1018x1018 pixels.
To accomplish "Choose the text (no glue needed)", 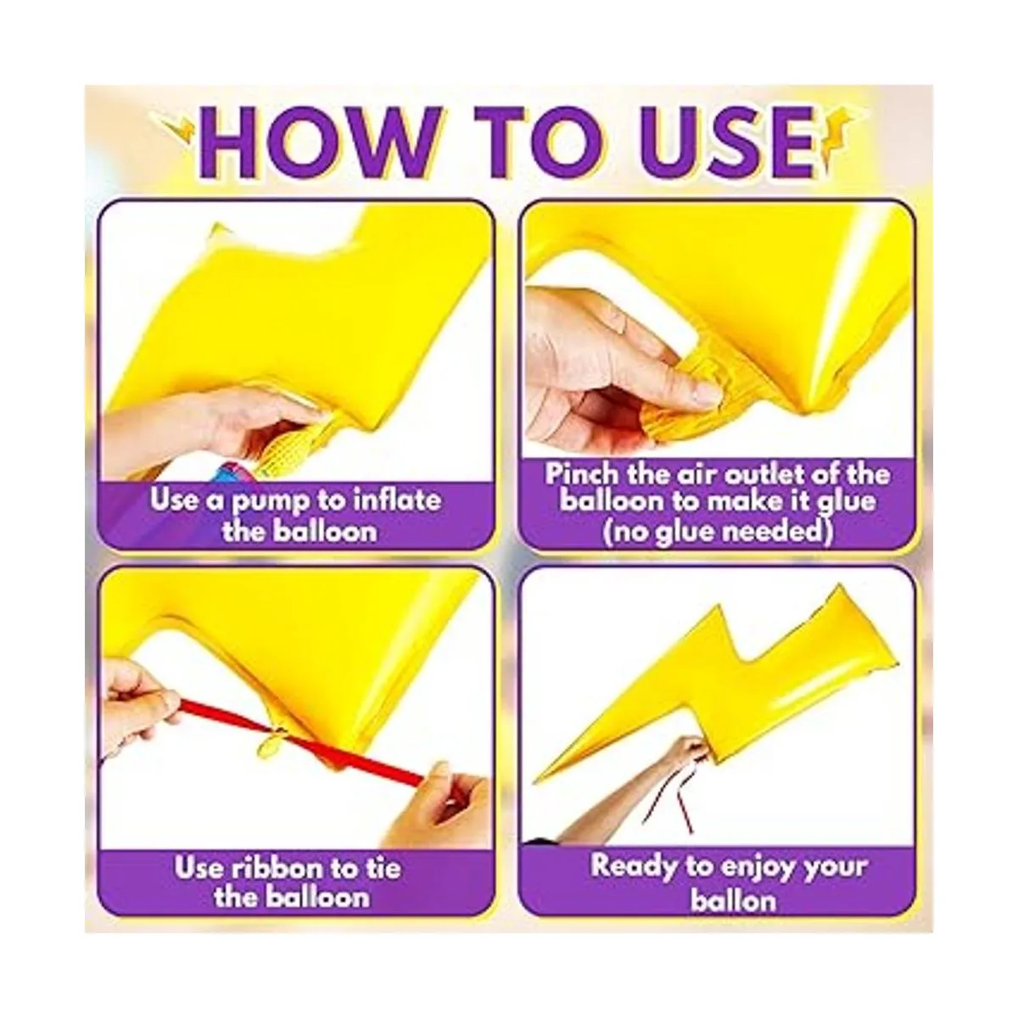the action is tap(717, 530).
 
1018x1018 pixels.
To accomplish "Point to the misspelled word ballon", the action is tap(733, 900).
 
